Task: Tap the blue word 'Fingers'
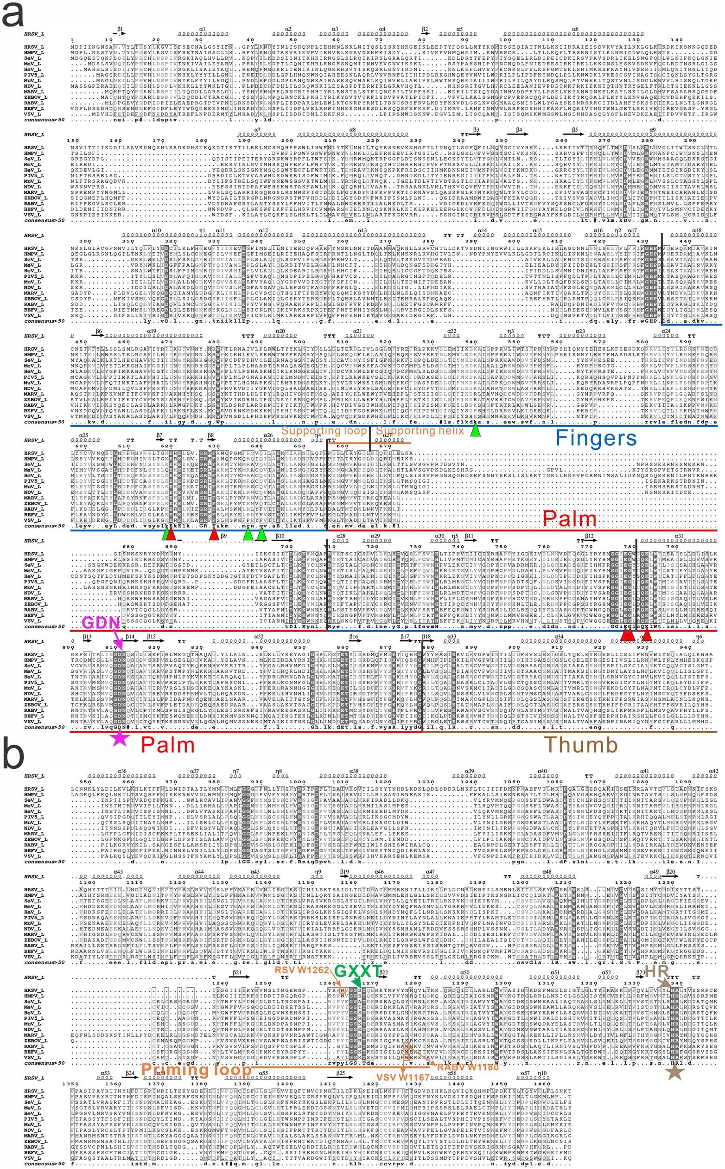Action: tap(596, 438)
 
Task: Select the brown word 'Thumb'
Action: tap(580, 745)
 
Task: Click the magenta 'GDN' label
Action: tap(101, 623)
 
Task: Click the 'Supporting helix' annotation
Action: tap(420, 430)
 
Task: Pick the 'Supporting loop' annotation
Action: tap(324, 430)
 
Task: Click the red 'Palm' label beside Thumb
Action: tap(167, 745)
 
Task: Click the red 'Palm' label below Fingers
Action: tap(569, 518)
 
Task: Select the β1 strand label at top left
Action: tap(121, 29)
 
